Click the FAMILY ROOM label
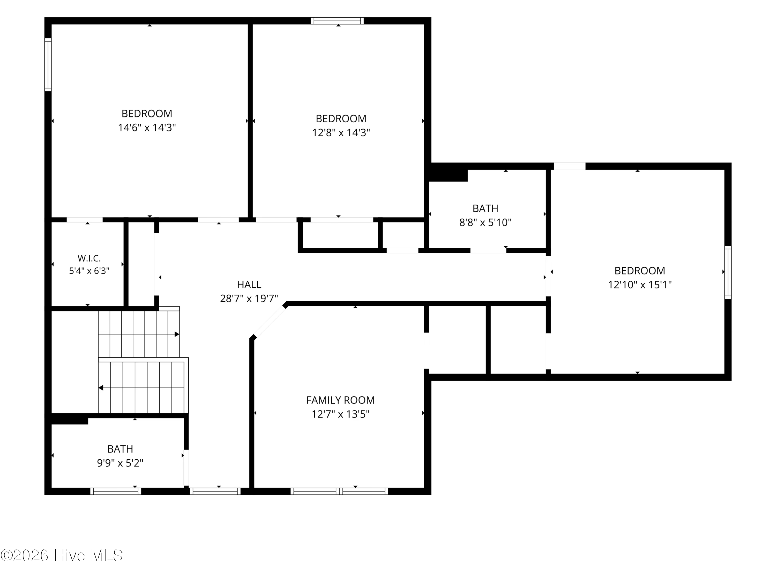340,400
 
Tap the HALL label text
249,284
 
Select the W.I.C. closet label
89,259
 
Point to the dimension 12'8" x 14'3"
341,133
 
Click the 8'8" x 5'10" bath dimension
485,222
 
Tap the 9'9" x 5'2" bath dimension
120,463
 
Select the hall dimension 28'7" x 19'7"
249,299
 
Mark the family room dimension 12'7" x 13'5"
341,414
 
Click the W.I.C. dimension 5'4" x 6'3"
89,271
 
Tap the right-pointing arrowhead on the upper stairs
177,334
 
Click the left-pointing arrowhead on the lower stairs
101,388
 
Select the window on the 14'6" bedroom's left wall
48,65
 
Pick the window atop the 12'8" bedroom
337,21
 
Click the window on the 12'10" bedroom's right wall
728,272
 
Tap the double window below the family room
339,491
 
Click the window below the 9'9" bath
116,491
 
